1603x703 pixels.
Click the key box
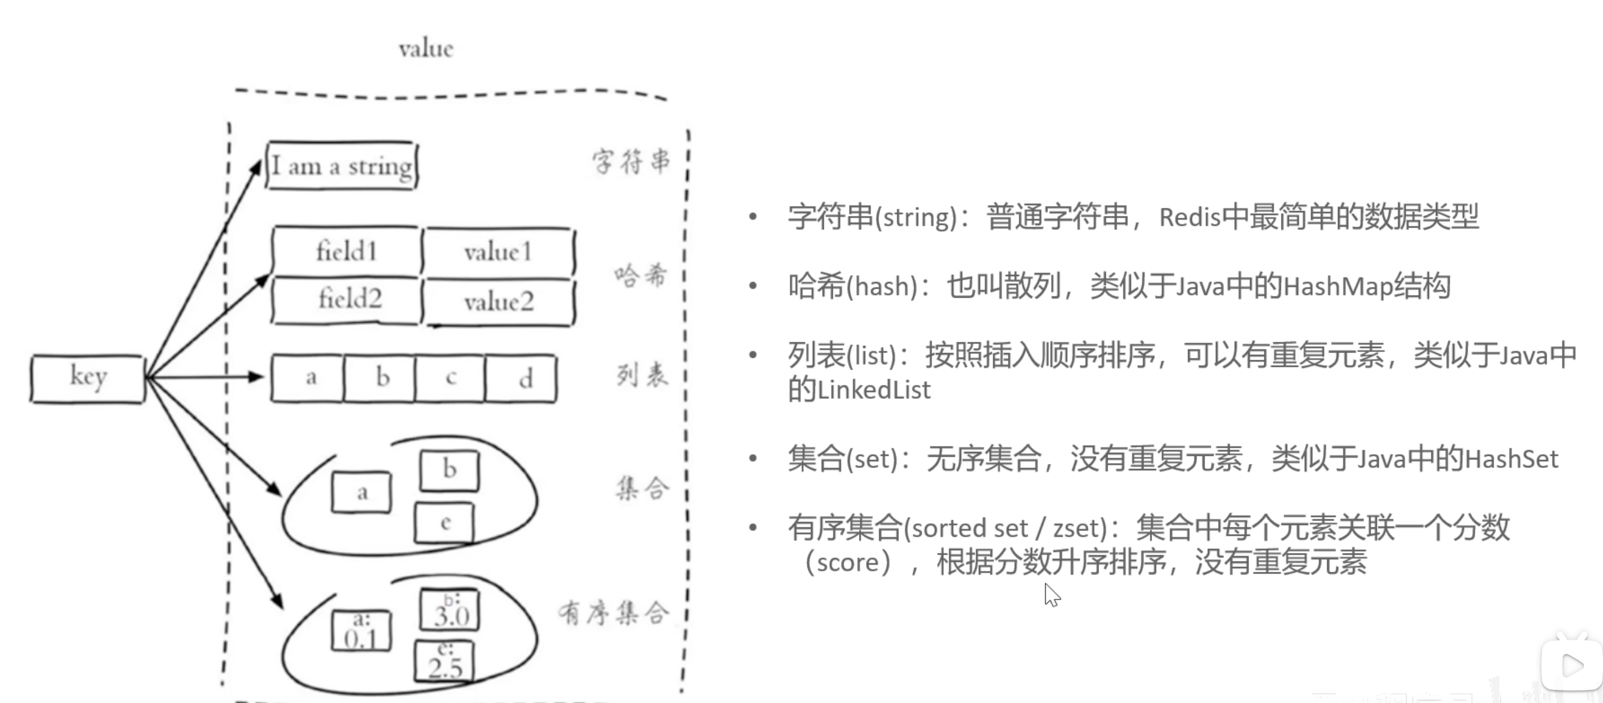[88, 378]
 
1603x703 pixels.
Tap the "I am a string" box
[341, 165]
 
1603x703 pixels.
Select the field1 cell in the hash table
[346, 252]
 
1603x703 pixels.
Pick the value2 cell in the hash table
[498, 302]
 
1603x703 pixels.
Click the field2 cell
[347, 300]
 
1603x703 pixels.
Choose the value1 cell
[498, 252]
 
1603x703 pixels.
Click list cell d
[522, 378]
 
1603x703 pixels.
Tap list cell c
[450, 378]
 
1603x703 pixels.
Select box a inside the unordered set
[361, 492]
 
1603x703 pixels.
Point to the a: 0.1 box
[361, 631]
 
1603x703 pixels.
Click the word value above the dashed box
[426, 49]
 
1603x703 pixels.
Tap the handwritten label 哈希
[640, 275]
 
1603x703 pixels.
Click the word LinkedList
[874, 390]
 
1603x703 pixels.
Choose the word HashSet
[1512, 459]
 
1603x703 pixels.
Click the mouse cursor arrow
[1051, 594]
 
